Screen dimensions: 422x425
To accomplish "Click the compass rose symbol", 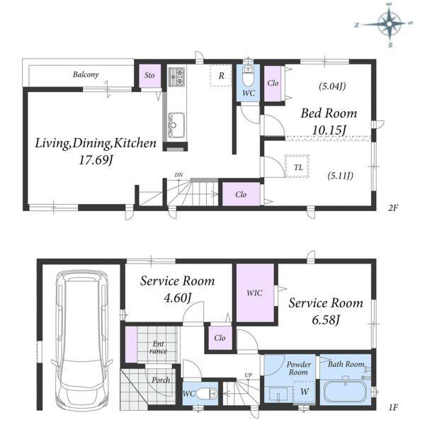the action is point(389,24).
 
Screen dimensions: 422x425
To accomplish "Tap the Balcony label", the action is point(86,74).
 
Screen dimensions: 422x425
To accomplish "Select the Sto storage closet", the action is point(150,76).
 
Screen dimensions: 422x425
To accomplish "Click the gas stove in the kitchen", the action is point(177,76).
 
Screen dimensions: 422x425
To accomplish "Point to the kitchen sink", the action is point(176,125).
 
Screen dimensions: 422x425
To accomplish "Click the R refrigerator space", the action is point(221,75).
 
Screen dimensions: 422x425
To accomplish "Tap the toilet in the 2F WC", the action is point(248,76).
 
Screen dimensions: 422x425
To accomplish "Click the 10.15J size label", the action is point(329,130).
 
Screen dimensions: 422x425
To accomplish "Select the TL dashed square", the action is point(297,166).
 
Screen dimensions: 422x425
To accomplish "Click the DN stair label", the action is point(178,175).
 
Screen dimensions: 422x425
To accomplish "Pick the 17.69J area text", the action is point(96,159).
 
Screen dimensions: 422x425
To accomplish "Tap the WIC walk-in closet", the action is point(255,293).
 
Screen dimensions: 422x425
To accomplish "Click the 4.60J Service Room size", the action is point(178,297).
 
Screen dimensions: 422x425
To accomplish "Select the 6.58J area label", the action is point(326,320).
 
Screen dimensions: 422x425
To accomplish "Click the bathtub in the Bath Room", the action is point(346,392).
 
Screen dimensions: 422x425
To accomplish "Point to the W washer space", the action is point(304,392).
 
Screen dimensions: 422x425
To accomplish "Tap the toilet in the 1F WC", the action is point(206,394).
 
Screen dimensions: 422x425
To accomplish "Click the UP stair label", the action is point(248,375).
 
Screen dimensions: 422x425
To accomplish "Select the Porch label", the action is point(161,380).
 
